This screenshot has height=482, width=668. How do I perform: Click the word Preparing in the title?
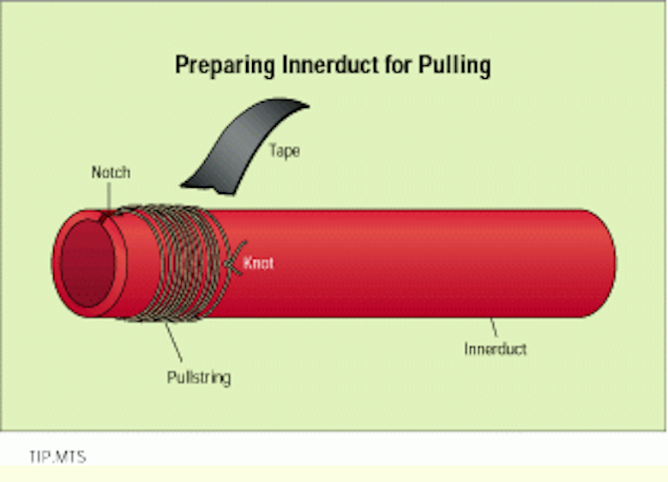[x=217, y=66]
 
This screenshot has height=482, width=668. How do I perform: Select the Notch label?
[x=111, y=172]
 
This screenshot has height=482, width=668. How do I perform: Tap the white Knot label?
[x=258, y=263]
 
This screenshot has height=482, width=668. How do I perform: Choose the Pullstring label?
[x=198, y=377]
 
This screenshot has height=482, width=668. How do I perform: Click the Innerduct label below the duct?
[x=495, y=349]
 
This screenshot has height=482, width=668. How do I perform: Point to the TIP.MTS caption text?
[x=55, y=455]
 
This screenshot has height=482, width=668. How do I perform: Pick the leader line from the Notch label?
[x=107, y=198]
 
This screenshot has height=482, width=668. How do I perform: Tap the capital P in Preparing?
[x=182, y=66]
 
